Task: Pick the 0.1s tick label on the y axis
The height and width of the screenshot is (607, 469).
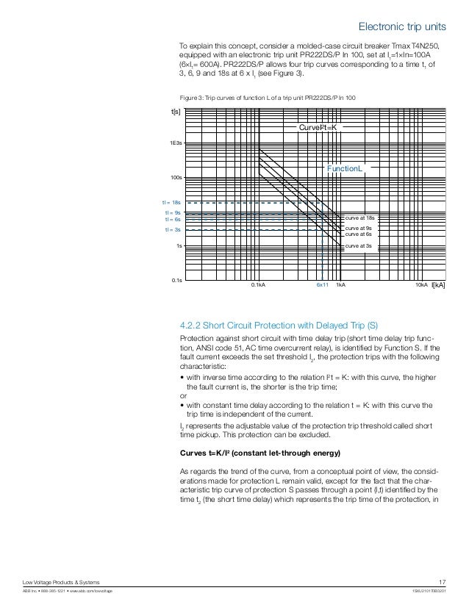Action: click(176, 281)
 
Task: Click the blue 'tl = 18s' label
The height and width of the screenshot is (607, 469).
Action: click(171, 201)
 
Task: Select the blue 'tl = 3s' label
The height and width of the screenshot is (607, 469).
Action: click(173, 230)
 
